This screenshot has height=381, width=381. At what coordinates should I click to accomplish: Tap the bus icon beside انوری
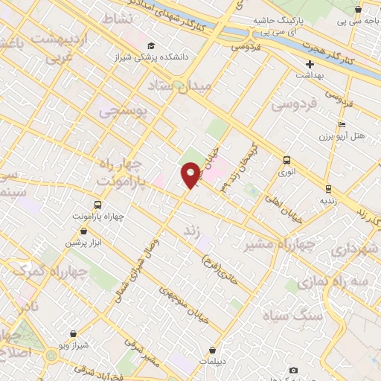pos(287,160)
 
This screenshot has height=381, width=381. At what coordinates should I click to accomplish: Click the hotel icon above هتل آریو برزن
pos(342,124)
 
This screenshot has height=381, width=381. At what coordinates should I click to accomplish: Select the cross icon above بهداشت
pos(310,64)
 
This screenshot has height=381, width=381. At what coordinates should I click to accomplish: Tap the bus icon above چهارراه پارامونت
pos(97,205)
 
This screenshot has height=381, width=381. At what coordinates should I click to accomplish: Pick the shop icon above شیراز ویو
pos(73,334)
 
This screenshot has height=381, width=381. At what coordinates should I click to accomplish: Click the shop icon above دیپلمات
pos(213,350)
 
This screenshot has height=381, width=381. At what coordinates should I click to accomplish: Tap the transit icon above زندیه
pos(327,189)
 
